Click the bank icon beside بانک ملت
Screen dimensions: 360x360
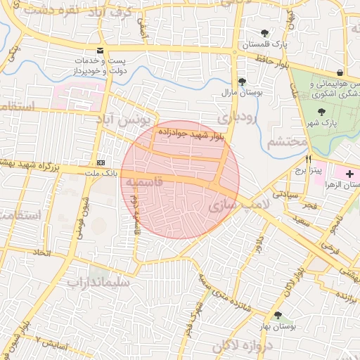(102, 161)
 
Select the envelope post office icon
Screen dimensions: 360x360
(101, 51)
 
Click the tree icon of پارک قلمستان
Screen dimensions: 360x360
(264, 32)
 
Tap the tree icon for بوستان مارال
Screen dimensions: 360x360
(242, 82)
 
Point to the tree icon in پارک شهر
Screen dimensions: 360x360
(321, 112)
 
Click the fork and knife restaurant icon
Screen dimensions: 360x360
(308, 160)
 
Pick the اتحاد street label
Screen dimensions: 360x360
(41, 251)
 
